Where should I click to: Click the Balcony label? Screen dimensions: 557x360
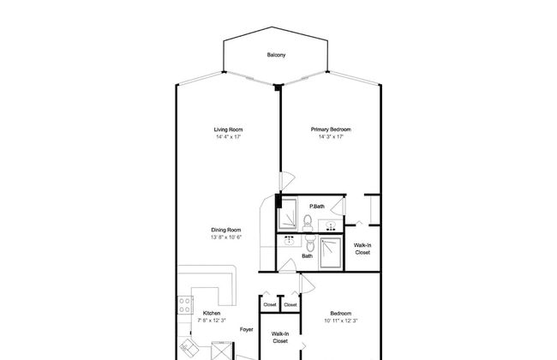point(276,55)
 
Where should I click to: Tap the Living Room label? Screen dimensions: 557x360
point(228,129)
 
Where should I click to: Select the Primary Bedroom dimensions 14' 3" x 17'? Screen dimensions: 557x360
point(331,137)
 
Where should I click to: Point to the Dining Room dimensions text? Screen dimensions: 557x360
point(226,237)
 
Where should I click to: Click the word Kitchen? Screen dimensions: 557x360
point(212,314)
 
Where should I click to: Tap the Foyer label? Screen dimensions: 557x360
point(246,330)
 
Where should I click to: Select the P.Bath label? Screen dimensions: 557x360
point(317,207)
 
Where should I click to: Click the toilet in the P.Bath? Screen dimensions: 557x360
point(308,223)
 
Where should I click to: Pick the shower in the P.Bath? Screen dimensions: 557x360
point(288,213)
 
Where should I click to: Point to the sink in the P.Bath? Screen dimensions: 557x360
point(331,226)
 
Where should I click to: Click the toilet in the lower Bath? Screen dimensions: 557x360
point(310,243)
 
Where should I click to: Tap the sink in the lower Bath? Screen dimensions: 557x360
point(290,241)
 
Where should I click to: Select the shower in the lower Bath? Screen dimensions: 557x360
point(331,253)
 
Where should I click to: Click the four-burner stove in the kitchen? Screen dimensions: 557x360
point(185,305)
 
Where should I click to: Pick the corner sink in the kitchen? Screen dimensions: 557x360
point(189,347)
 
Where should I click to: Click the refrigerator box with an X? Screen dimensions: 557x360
point(222,351)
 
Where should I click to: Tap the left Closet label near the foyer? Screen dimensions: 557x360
point(270,305)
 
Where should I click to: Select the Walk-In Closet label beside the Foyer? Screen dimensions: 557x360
point(280,338)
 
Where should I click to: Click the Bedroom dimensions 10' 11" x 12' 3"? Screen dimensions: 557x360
point(341,321)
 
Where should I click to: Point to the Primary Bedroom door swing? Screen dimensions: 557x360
point(287,181)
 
